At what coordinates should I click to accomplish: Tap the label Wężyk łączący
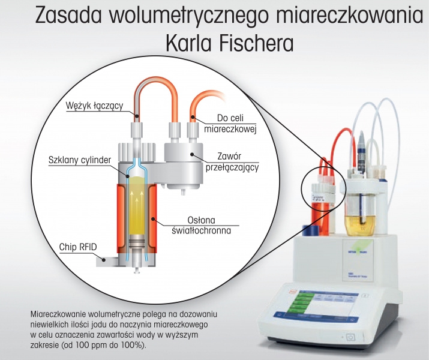click(x=94, y=106)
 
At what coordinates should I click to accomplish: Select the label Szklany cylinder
click(x=80, y=160)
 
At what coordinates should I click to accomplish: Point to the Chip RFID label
click(x=78, y=247)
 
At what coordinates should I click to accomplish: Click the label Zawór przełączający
click(x=232, y=161)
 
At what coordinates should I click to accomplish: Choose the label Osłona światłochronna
click(x=201, y=226)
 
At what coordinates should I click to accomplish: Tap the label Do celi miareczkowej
click(x=230, y=124)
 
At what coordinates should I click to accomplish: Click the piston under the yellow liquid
click(x=136, y=241)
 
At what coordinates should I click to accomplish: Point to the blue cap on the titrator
click(x=310, y=230)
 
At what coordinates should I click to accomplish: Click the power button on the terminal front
click(x=350, y=337)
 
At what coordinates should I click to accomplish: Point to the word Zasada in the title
click(x=70, y=16)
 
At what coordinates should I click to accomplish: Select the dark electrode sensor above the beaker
click(x=362, y=153)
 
